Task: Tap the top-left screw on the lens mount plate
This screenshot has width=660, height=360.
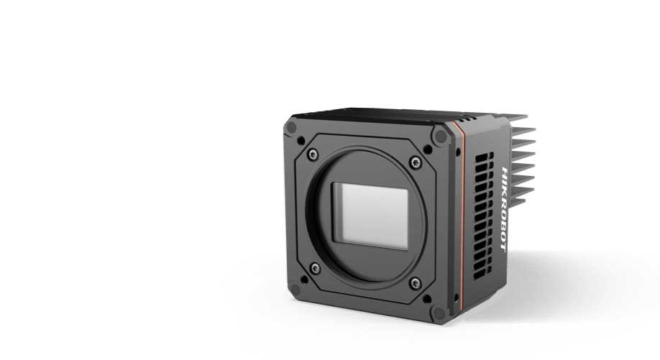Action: click(x=313, y=154)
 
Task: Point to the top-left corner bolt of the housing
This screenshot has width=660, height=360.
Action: click(x=290, y=128)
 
